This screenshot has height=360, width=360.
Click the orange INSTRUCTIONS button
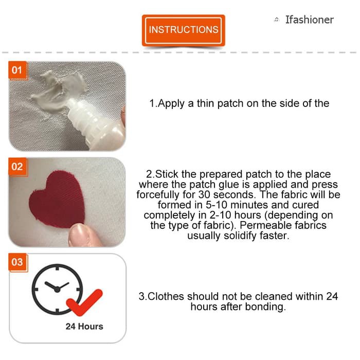coord(183,30)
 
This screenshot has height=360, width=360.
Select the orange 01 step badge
coord(17,69)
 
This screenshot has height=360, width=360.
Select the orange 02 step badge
coord(17,166)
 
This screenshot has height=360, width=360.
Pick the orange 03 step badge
coord(17,262)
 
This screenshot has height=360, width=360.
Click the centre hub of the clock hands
coord(57,290)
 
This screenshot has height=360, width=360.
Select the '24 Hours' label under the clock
coord(84,327)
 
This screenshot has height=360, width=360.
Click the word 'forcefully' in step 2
coord(159,195)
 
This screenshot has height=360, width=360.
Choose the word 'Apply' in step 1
coord(171,103)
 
